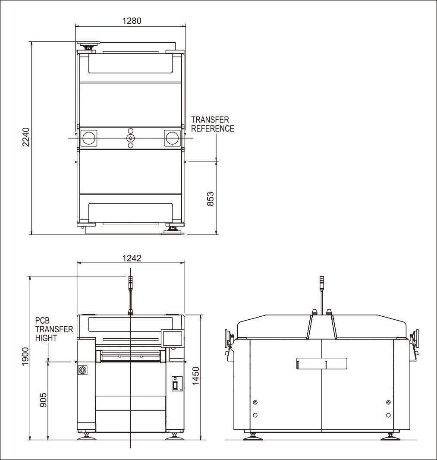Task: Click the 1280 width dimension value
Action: [132, 21]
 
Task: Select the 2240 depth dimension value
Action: [26, 137]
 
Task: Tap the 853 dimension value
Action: [211, 199]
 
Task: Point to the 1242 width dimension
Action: [132, 258]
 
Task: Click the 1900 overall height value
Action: [25, 356]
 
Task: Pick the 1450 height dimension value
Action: [195, 376]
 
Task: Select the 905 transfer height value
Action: [43, 400]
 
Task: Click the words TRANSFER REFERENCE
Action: [213, 124]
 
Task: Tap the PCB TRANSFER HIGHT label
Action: [54, 329]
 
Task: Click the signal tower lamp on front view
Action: [131, 283]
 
